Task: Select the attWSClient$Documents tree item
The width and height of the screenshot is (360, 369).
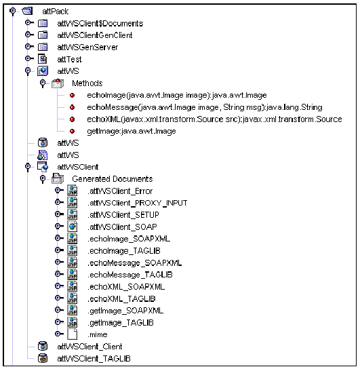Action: [100, 24]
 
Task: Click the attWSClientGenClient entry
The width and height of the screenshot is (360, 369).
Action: [95, 35]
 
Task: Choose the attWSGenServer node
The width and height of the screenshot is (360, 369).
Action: [87, 47]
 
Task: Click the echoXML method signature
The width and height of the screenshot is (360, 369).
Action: [214, 119]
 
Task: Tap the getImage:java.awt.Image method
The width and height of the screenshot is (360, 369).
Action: [131, 131]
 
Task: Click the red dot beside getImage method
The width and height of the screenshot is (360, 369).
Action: [72, 131]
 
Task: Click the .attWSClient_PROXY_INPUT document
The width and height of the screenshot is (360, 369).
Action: [137, 203]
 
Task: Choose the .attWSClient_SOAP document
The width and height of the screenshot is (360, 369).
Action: [123, 227]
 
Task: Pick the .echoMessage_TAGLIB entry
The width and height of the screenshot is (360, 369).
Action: [129, 275]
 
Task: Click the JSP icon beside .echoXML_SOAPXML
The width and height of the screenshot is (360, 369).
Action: [72, 286]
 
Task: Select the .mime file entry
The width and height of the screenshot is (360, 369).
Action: [97, 334]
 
